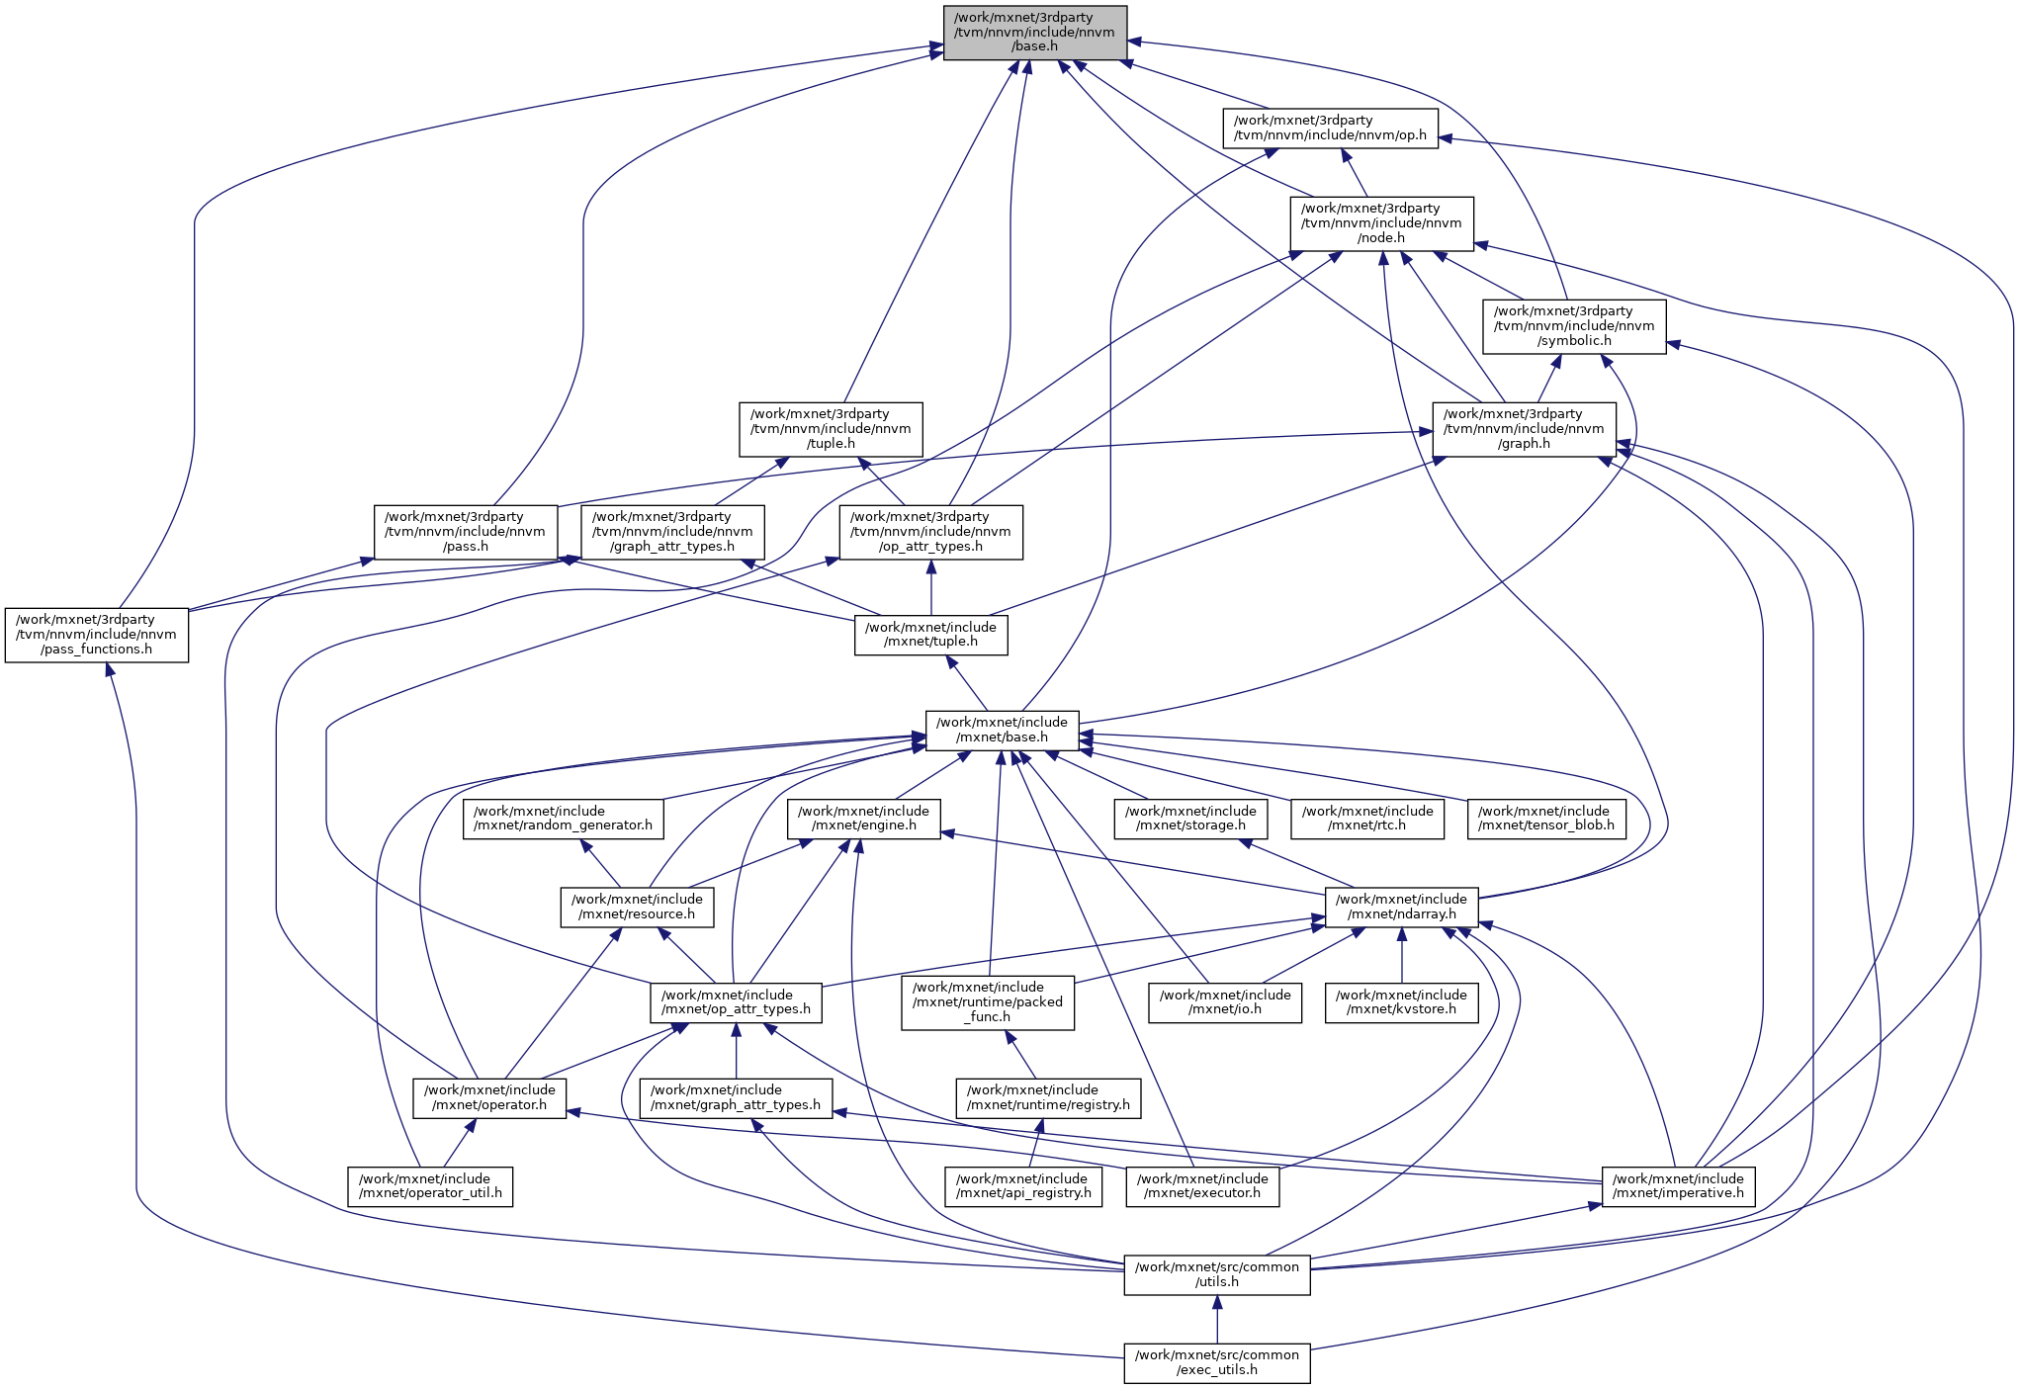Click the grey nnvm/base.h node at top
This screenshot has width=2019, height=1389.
[1034, 33]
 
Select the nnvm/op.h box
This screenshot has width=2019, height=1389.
[1330, 129]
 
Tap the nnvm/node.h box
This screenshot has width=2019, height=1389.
[1381, 223]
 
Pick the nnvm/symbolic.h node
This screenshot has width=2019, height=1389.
[1574, 326]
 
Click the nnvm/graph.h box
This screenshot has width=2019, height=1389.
[1524, 429]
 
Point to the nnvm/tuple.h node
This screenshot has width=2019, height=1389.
[831, 429]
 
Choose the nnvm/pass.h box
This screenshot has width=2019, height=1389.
[465, 532]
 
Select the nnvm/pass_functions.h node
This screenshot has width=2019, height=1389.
[96, 635]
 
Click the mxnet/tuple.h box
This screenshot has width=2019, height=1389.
[930, 635]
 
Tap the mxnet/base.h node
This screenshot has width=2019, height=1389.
[1002, 731]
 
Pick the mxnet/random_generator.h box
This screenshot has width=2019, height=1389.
[563, 819]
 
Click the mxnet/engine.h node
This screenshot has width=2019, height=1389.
[863, 819]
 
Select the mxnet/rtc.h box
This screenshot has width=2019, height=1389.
[1367, 819]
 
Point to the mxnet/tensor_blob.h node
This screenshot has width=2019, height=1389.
[1546, 819]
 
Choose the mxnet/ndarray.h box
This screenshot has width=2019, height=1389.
[1401, 907]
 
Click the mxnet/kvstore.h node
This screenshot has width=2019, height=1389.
[1401, 1002]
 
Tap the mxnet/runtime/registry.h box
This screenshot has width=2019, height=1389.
[1048, 1097]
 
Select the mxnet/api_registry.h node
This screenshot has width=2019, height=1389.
[1022, 1186]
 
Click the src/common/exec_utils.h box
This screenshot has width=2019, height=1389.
[1216, 1363]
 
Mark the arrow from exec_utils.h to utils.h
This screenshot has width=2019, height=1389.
[1217, 1319]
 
